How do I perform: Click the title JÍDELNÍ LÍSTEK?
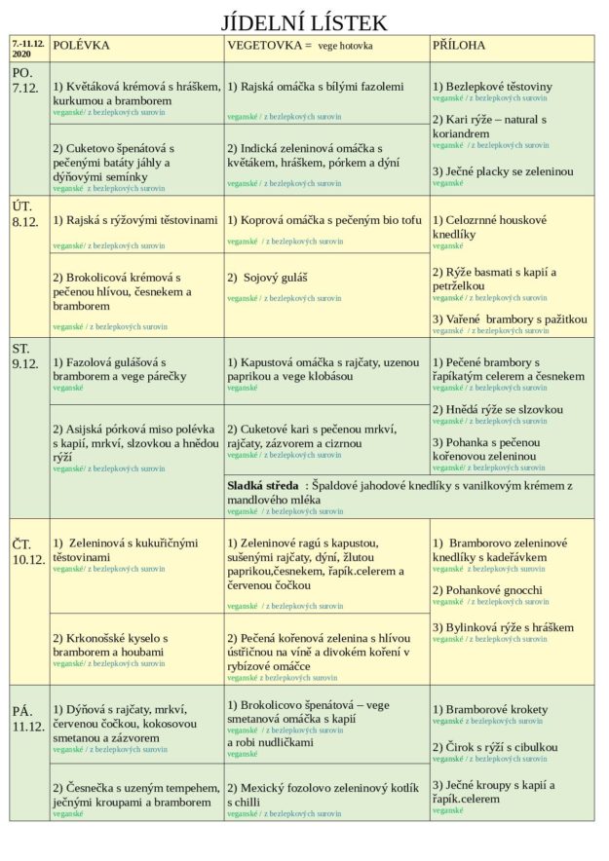304,21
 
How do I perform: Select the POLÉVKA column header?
81,45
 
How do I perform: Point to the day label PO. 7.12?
27,80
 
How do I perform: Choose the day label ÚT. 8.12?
27,214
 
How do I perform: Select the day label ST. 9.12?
27,356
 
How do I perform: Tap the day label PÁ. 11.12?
27,718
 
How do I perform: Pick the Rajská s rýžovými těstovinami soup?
134,220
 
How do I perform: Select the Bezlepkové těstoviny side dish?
492,87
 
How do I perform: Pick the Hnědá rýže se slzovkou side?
497,410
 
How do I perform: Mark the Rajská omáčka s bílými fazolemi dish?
315,87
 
